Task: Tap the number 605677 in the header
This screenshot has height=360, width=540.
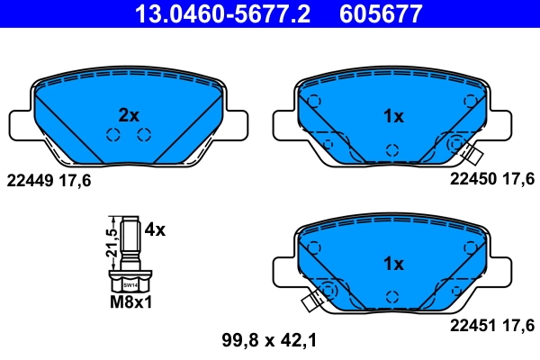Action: (x=381, y=13)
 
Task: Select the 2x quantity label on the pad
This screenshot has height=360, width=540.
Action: (x=130, y=115)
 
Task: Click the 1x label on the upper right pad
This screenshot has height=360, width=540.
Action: (x=393, y=115)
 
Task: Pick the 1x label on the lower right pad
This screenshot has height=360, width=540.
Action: (x=393, y=264)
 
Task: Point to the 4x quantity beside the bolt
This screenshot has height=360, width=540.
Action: (x=155, y=229)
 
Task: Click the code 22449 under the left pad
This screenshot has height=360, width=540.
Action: (x=31, y=180)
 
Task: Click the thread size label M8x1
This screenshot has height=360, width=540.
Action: (x=131, y=301)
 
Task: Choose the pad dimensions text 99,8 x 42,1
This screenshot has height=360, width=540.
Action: (x=268, y=339)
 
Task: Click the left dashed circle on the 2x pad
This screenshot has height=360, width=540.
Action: (x=113, y=136)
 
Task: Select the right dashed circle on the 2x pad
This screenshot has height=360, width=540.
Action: (x=143, y=136)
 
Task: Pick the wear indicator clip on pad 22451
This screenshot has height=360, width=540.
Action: (x=314, y=301)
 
